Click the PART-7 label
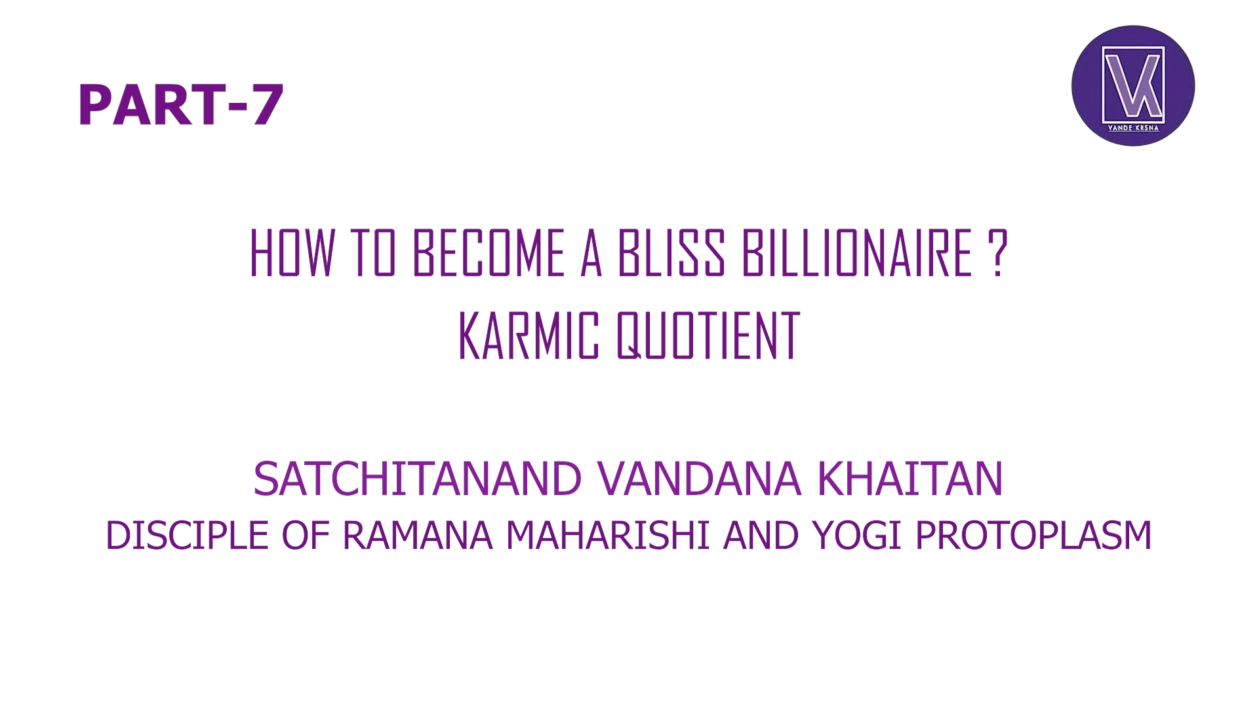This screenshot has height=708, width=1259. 180,104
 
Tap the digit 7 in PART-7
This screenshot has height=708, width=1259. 266,104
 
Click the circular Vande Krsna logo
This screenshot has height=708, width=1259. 1132,85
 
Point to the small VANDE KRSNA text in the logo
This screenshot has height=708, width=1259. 1133,128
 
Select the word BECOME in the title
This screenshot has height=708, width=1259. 489,253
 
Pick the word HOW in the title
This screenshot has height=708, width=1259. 292,253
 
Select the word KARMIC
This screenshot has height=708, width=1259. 529,336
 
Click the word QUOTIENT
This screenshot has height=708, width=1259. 708,336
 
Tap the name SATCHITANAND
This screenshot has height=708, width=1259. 417,479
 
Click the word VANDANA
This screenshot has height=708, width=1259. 699,479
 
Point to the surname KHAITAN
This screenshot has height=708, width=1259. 910,479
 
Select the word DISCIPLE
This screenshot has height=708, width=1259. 187,535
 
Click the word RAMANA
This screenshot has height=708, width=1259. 417,535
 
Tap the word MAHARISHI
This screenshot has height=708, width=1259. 608,535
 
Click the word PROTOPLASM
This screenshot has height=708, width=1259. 1033,535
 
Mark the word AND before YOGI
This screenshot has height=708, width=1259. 761,535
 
